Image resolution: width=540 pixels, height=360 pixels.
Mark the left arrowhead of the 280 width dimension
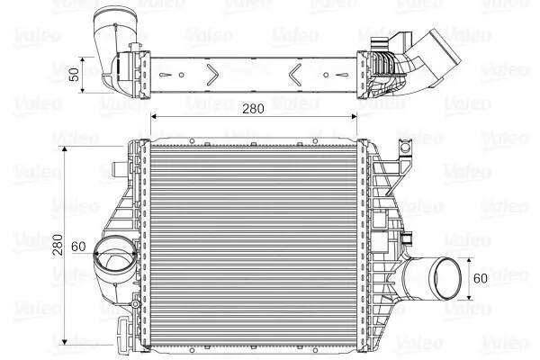(154, 117)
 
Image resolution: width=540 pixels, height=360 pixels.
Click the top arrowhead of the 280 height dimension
(66, 143)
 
